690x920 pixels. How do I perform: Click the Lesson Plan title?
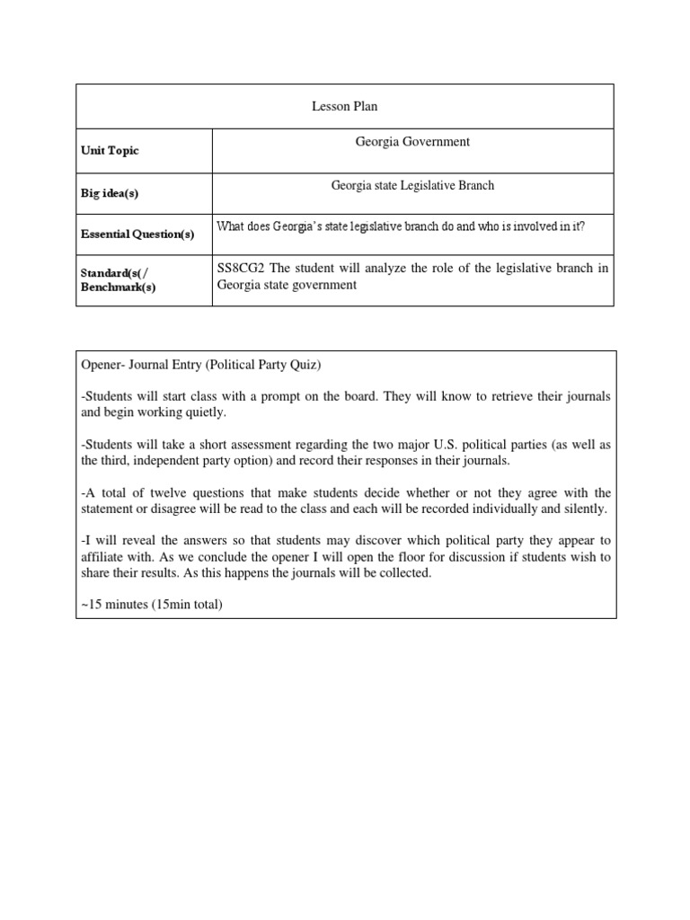pyautogui.click(x=345, y=106)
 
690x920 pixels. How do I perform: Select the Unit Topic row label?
pyautogui.click(x=111, y=151)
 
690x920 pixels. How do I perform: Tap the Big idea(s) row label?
pyautogui.click(x=110, y=193)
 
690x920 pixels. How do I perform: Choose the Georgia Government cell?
pyautogui.click(x=412, y=142)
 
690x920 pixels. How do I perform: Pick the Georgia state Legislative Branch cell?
pyautogui.click(x=412, y=186)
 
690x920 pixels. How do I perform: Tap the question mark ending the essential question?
pyautogui.click(x=582, y=226)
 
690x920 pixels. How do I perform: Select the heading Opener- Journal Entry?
pyautogui.click(x=168, y=366)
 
